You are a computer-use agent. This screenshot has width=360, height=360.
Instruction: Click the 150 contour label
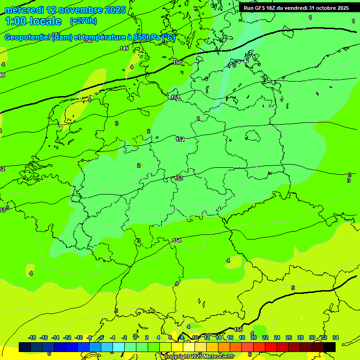(x=177, y=62)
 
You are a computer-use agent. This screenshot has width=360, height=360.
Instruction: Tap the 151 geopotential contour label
(x=175, y=97)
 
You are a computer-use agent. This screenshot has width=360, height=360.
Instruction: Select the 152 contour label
(x=180, y=139)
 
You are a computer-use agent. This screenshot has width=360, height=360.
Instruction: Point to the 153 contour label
(x=179, y=178)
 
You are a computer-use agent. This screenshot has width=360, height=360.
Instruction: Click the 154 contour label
(x=177, y=240)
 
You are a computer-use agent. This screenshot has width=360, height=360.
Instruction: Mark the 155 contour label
(x=239, y=330)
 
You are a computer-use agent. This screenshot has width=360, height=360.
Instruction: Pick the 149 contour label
(x=124, y=48)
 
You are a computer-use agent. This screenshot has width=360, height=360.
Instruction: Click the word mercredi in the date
(x=23, y=10)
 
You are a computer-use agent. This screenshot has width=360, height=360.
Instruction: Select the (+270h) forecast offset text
(x=83, y=21)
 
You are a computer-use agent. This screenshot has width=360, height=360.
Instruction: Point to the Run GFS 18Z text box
(x=296, y=8)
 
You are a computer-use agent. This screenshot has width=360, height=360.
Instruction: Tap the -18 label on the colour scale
(x=32, y=337)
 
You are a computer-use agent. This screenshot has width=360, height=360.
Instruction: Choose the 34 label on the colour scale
(x=336, y=337)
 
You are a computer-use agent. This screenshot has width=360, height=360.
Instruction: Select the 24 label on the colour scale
(x=277, y=337)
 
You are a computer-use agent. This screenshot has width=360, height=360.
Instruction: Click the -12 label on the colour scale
(x=67, y=337)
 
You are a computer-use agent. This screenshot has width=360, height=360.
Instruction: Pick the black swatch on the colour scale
(x=330, y=347)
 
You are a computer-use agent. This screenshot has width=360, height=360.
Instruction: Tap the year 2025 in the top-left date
(x=114, y=10)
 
